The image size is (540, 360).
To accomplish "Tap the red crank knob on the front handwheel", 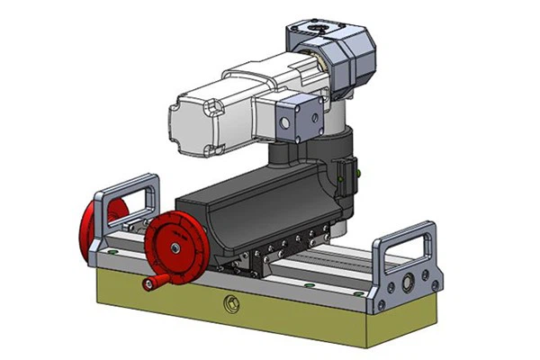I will click(148, 284).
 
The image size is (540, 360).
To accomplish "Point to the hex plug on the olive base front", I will click(230, 301).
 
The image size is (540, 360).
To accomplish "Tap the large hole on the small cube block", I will click(285, 121).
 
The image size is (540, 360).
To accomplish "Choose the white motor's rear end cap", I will click(193, 118).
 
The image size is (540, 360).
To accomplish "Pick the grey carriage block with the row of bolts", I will click(288, 255).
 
